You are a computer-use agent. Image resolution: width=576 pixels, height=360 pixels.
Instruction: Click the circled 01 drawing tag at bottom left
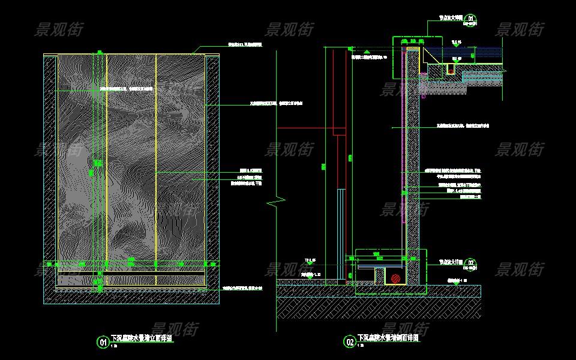[x=103, y=342]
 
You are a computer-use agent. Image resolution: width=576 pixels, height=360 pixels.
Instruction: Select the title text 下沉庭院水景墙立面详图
[x=142, y=338]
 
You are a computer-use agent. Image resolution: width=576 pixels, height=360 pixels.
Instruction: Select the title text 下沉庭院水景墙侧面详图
[x=388, y=338]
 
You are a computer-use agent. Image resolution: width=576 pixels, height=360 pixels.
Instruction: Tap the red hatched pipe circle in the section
[x=395, y=278]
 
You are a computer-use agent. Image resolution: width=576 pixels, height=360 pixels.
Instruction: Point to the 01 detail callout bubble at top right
[x=471, y=19]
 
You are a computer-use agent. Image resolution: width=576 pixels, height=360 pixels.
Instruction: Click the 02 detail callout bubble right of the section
[x=471, y=263]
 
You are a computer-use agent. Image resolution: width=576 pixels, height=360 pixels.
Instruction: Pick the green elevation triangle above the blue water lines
[x=456, y=44]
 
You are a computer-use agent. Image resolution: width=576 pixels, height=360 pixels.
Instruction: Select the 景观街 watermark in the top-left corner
[x=58, y=29]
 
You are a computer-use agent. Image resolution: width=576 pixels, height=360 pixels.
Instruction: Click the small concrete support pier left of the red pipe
[x=379, y=276]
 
